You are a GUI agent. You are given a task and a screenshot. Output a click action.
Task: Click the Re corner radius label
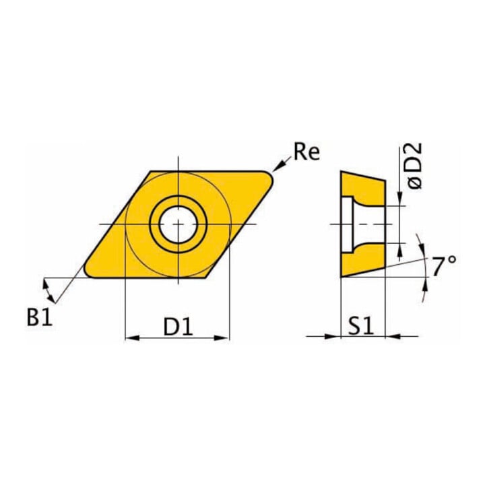(306, 152)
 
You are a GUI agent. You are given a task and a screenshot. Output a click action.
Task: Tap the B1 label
(40, 317)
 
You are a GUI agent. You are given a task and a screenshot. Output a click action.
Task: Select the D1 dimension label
(178, 327)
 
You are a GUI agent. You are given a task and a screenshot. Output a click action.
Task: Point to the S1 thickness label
(361, 327)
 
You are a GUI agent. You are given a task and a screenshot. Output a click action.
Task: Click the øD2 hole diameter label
(414, 166)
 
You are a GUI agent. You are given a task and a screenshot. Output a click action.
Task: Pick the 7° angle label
(444, 266)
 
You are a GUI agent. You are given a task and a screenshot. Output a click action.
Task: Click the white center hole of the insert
(178, 224)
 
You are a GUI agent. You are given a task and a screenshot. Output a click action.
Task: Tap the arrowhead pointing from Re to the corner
(278, 167)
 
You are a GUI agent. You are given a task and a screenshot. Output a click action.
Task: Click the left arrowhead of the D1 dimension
(132, 337)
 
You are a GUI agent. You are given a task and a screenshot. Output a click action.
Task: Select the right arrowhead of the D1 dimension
(222, 337)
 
